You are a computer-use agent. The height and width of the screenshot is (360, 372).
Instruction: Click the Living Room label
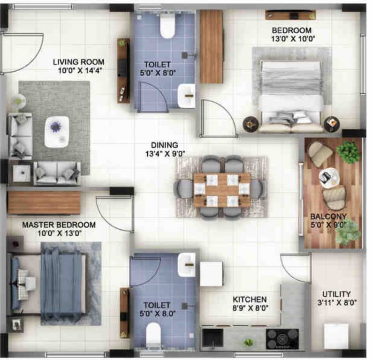click(x=78, y=62)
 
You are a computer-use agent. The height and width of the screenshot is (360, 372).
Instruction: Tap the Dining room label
click(x=165, y=145)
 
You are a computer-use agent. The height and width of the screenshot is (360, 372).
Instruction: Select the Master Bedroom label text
click(x=59, y=225)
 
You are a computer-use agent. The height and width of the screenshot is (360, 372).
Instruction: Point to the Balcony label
click(x=328, y=217)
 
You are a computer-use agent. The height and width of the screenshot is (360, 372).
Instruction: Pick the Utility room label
click(x=336, y=294)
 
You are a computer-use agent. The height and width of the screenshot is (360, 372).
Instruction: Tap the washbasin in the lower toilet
click(x=187, y=264)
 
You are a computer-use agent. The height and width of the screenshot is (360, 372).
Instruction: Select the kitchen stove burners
click(x=282, y=338)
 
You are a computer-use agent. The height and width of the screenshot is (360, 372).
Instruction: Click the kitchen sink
click(x=213, y=338)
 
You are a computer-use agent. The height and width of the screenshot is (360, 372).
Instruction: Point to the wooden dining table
click(x=222, y=190)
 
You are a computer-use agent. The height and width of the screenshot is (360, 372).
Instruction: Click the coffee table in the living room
click(x=57, y=132)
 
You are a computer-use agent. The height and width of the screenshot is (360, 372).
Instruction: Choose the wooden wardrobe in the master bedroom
click(x=44, y=202)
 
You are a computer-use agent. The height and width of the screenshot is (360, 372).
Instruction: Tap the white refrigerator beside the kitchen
click(x=212, y=274)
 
